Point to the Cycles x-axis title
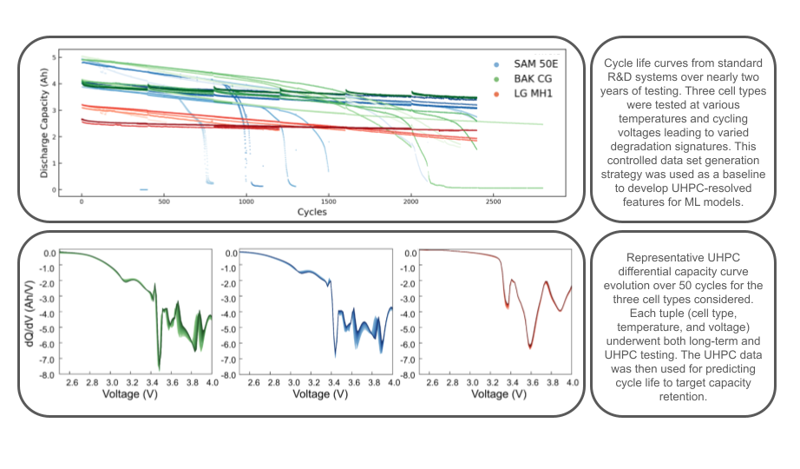pyautogui.click(x=311, y=212)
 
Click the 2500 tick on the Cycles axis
pyautogui.click(x=494, y=201)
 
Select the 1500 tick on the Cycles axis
pyautogui.click(x=329, y=201)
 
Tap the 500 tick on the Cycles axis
pyautogui.click(x=164, y=201)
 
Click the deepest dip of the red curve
pyautogui.click(x=530, y=347)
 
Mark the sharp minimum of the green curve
pyautogui.click(x=159, y=368)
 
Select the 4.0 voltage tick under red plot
pyautogui.click(x=570, y=382)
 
